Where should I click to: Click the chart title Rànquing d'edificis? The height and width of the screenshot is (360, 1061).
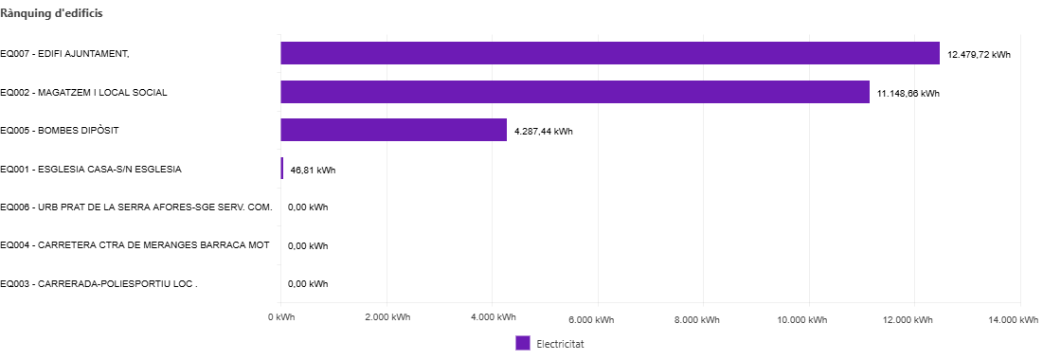51,13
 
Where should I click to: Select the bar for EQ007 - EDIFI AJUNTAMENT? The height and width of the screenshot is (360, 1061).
610,53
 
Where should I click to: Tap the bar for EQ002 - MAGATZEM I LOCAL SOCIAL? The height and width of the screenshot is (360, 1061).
575,91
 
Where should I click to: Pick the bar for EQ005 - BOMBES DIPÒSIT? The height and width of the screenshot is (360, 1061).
394,130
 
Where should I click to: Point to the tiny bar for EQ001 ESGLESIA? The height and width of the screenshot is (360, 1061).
282,169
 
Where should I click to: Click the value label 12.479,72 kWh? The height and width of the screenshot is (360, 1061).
980,55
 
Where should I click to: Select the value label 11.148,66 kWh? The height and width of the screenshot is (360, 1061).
908,94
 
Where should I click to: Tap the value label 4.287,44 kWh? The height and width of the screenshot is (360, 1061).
544,132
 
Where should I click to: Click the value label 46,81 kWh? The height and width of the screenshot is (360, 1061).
313,171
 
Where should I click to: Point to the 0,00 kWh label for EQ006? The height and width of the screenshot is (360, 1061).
308,207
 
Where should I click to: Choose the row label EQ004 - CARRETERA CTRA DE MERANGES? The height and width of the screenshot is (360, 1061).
135,245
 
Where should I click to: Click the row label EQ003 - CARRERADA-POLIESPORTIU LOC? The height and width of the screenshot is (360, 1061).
99,283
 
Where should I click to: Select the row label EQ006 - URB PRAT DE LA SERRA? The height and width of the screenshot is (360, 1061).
136,207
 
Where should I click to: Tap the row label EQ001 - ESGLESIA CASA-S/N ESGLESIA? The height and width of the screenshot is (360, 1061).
91,170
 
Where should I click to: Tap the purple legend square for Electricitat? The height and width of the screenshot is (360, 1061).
522,343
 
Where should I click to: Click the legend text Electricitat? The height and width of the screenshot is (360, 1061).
560,344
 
